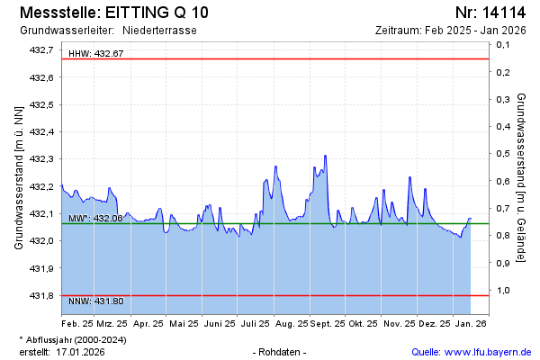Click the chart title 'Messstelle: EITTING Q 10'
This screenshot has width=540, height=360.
(113, 13)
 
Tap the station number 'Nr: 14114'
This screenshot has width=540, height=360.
(490, 13)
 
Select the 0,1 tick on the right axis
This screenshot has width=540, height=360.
(503, 71)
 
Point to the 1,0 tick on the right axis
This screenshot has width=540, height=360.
(503, 290)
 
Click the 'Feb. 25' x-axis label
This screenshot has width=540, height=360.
(77, 322)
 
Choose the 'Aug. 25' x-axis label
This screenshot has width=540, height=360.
(292, 322)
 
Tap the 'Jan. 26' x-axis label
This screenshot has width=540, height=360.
(470, 322)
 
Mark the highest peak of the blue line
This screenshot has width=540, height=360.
(325, 156)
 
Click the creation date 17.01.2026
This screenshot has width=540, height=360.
(79, 351)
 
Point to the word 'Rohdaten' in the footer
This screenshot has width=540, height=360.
(281, 351)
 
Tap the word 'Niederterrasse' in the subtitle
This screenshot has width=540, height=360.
(160, 31)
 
